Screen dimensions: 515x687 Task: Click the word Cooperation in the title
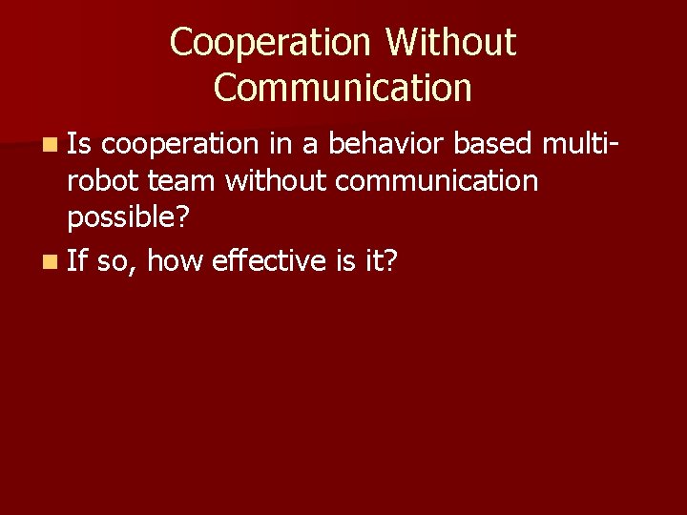pos(269,42)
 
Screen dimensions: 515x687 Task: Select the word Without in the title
pos(451,42)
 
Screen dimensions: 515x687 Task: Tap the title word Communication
pos(343,88)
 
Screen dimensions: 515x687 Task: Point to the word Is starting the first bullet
pos(80,144)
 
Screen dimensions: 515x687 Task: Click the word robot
pos(103,181)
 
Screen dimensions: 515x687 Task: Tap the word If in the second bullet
pos(77,259)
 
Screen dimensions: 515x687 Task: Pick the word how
pos(175,259)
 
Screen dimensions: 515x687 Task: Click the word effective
pos(270,259)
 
